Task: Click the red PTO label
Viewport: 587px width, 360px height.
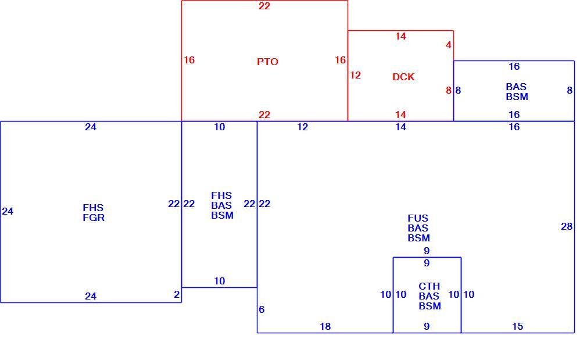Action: (x=267, y=62)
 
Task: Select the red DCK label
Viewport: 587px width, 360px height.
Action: (x=403, y=77)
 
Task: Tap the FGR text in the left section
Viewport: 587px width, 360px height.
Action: (x=94, y=218)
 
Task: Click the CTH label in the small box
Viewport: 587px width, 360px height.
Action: (x=429, y=286)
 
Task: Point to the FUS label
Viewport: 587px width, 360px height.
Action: (x=418, y=219)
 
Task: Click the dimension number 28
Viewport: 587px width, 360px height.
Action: (x=567, y=226)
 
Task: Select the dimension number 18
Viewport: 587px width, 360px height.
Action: (x=325, y=327)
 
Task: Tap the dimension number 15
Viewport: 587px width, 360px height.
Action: (x=517, y=327)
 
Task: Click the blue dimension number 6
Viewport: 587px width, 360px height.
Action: (x=262, y=309)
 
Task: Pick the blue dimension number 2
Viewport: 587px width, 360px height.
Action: (x=177, y=294)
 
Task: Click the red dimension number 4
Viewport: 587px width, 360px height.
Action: (x=449, y=45)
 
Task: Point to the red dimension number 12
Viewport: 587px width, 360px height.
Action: (x=355, y=75)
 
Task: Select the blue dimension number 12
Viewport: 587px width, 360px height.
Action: (x=302, y=127)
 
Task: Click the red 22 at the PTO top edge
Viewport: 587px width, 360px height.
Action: (x=264, y=6)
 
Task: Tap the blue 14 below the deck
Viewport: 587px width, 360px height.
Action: (x=400, y=127)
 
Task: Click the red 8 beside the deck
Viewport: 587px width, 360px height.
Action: (x=449, y=90)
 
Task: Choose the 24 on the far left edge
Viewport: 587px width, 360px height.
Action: (x=8, y=211)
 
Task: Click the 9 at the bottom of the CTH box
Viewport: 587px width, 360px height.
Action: (x=427, y=327)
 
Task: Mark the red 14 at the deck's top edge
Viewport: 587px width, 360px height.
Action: (x=400, y=36)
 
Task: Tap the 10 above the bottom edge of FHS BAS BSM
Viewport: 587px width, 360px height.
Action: (x=219, y=281)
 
